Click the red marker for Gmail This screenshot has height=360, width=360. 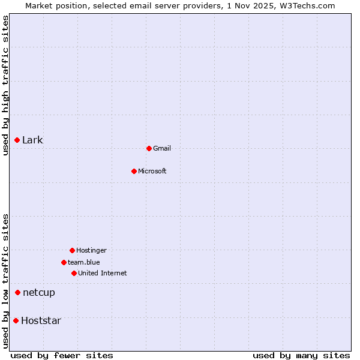pos(149,148)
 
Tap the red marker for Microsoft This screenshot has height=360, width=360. pos(134,171)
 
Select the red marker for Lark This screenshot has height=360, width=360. pos(17,140)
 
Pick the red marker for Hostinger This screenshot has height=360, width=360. pos(72,250)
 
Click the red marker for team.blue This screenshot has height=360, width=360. pos(64,262)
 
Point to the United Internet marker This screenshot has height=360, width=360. pos(74,273)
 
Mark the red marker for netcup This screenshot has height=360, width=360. pos(17,292)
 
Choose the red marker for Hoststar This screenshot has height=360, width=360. pos(16,320)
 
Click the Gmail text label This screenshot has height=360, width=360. pos(162,148)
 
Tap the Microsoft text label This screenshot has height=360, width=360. pos(152,171)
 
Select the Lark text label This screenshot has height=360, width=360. pos(32,140)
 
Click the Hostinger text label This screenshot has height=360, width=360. pos(91,250)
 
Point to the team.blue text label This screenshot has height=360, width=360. pos(84,262)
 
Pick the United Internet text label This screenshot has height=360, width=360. pos(103,273)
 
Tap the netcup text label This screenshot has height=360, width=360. pos(39,292)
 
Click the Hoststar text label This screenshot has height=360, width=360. pos(41,320)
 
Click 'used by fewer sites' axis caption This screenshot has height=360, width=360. pos(62,355)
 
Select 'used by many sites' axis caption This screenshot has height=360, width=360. pos(301,355)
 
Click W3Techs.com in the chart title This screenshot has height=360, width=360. pos(305,5)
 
